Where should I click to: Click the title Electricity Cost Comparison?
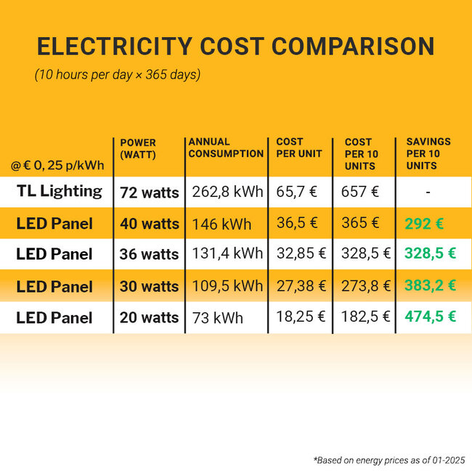236,46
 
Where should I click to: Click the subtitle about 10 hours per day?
118,76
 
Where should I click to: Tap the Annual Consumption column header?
225,147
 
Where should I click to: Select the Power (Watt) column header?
138,148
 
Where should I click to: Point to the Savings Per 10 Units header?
428,153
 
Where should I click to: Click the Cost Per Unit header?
299,147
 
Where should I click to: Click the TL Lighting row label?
59,192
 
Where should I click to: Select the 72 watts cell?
149,192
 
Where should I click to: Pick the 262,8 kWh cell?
227,192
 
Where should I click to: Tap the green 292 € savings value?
424,224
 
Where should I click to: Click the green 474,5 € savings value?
430,317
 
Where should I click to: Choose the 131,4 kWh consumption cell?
227,254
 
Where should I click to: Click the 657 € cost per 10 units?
360,192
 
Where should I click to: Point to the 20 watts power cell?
149,317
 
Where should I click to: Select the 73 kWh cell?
218,318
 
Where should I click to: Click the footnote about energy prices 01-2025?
388,460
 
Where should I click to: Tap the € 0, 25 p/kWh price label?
57,166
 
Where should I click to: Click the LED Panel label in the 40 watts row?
54,224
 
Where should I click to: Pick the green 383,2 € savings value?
430,286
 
